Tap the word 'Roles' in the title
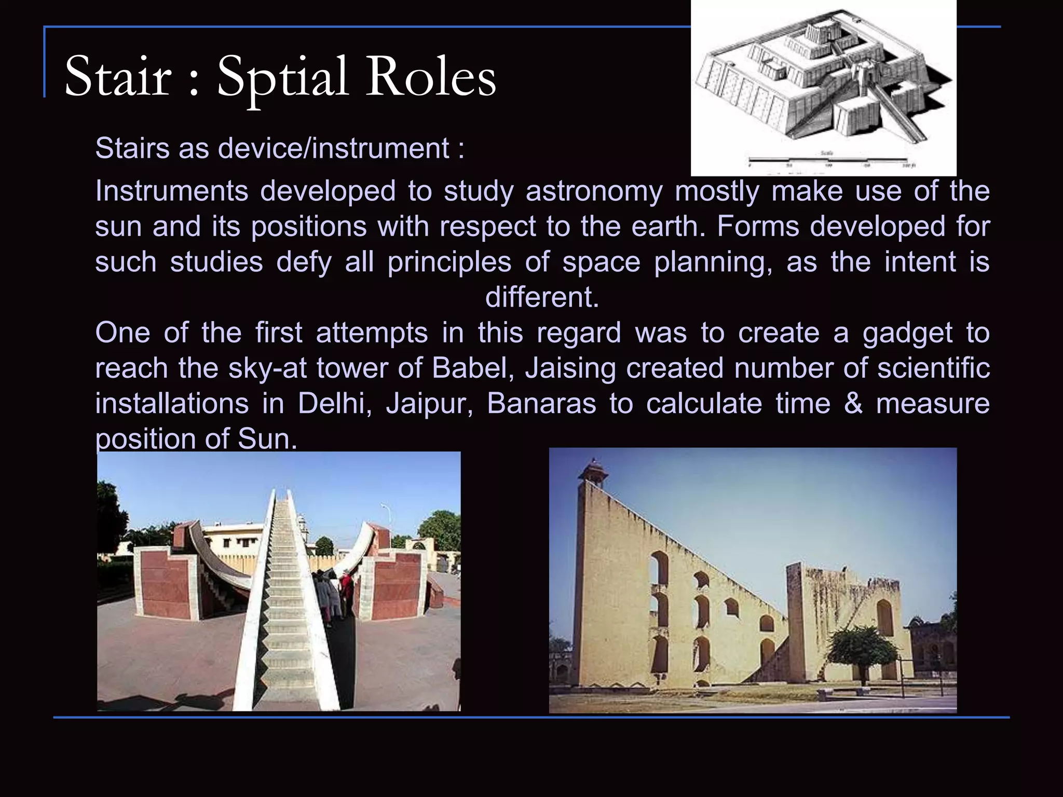(x=431, y=78)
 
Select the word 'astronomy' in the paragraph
(x=594, y=191)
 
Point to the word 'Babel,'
(x=472, y=368)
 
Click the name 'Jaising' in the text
(x=570, y=368)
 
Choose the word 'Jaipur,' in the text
(x=429, y=404)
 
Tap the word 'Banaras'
(x=541, y=404)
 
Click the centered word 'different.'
(x=542, y=297)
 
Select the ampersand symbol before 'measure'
(x=853, y=404)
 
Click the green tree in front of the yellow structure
(x=862, y=649)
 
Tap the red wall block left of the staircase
(x=165, y=581)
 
